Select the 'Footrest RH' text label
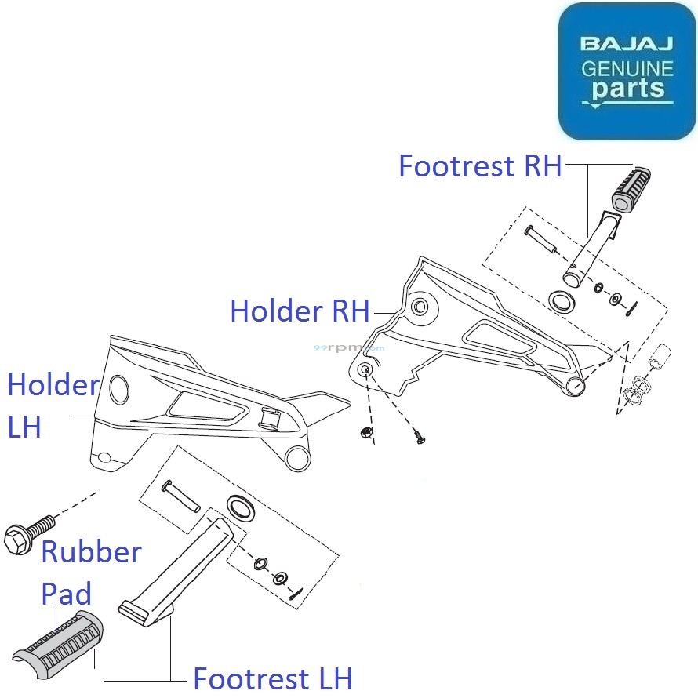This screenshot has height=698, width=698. coord(480,166)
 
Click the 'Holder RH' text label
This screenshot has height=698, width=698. coord(299,311)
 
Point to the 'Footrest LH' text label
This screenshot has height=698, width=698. coord(272,678)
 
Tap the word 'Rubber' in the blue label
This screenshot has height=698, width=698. coord(91,551)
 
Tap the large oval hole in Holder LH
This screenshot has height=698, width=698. coord(118,387)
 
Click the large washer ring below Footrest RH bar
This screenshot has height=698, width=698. coord(562,300)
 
